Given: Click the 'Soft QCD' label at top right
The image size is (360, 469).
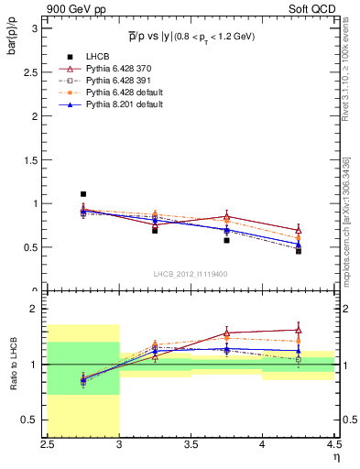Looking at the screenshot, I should [x=316, y=8].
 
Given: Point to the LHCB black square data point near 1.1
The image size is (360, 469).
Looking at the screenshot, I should [x=83, y=194].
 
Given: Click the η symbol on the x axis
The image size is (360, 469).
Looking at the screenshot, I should [x=336, y=456].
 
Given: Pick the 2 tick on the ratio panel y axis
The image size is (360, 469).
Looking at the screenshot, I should [x=38, y=309].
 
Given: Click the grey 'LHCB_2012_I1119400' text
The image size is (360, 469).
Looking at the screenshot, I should [x=191, y=273].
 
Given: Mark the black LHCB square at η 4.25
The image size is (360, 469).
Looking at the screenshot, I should [x=298, y=250].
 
